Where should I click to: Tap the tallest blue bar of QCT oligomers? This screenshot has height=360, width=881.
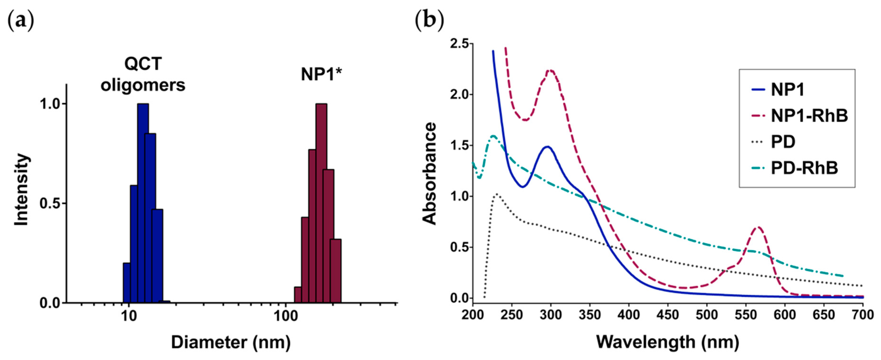143,205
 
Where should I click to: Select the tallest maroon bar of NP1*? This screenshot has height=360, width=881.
321,205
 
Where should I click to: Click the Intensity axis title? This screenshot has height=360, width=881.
21,190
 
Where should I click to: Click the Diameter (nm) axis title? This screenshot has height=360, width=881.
231,342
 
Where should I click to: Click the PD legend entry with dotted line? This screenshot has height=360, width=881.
783,142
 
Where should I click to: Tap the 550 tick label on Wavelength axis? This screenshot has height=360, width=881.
746,315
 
